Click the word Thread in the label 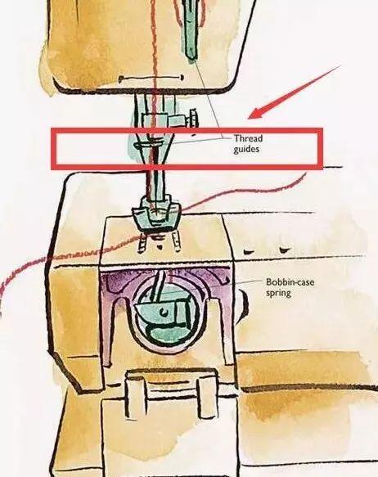coord(248,138)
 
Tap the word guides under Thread coord(246,149)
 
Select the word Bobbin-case coord(290,282)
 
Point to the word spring coord(278,293)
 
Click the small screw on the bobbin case coord(164,311)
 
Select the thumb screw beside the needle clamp coord(193,118)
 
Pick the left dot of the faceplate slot coord(120,79)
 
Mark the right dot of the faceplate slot coord(182,77)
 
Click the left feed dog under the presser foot coord(143,242)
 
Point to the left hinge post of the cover coord(134,396)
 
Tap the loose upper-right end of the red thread coord(305,173)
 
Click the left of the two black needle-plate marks coord(249,252)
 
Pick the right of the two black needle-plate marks coord(285,250)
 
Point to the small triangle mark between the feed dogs coord(159,247)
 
